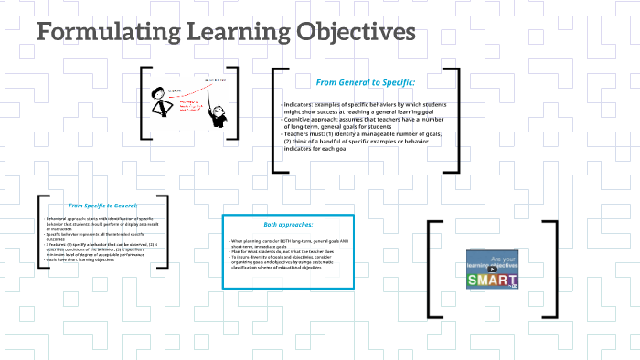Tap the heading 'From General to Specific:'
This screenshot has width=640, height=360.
(x=366, y=82)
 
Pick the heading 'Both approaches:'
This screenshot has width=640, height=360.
(x=288, y=224)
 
